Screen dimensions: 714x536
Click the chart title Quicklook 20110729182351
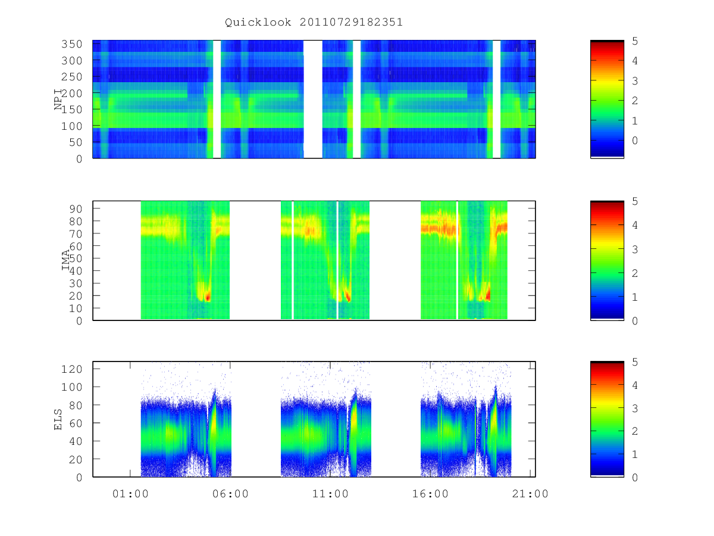[314, 22]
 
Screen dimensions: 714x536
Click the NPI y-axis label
[58, 99]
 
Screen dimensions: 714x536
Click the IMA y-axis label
[65, 260]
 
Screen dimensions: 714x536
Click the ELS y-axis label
[58, 420]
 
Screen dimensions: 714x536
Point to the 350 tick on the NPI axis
[72, 44]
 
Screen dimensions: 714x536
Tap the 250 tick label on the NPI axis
[72, 77]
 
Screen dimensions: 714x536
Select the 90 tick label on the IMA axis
[76, 208]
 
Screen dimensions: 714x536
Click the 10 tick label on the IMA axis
[76, 308]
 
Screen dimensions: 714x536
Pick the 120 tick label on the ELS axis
[72, 369]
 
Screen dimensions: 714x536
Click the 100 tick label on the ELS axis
[72, 387]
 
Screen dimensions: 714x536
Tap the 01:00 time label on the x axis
[130, 494]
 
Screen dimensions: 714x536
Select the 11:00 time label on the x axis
[330, 494]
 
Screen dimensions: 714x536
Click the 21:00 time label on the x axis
[530, 494]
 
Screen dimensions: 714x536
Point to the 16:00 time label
[430, 494]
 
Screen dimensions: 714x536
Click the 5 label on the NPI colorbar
[635, 41]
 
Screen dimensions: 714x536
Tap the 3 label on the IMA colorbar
[635, 250]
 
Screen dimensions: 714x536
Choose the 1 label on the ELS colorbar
[635, 454]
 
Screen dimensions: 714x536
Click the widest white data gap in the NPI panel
[313, 99]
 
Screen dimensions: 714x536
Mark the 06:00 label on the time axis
[230, 494]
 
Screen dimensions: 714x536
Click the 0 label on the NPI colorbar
[635, 141]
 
